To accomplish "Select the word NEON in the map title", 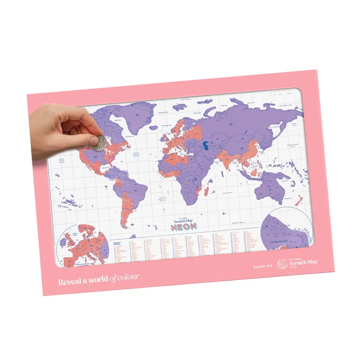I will (183, 227).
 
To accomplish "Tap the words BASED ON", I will (263, 266).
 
